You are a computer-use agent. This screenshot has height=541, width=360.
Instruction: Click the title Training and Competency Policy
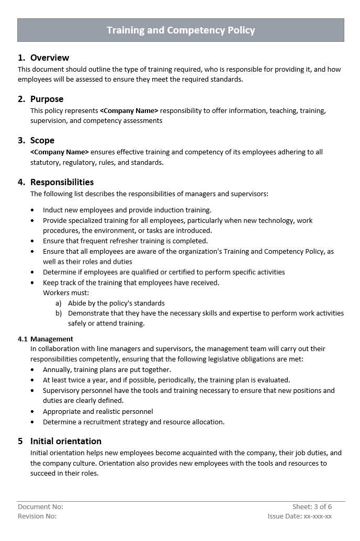click(x=181, y=30)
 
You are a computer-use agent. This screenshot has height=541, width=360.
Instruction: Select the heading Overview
click(x=49, y=58)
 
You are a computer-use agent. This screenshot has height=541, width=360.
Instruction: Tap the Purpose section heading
click(x=47, y=99)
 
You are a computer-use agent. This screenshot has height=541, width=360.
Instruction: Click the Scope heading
click(x=42, y=140)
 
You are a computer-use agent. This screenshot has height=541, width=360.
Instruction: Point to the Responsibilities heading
click(x=62, y=182)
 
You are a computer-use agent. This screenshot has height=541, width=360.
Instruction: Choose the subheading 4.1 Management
click(x=46, y=339)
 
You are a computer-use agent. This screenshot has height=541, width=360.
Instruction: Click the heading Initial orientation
click(x=65, y=441)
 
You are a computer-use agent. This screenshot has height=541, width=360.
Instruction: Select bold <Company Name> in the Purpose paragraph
click(x=129, y=111)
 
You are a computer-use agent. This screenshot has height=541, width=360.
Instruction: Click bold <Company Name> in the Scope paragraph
click(x=60, y=152)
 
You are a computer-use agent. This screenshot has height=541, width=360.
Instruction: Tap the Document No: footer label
click(x=40, y=506)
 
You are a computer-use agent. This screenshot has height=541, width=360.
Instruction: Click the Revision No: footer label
click(x=37, y=516)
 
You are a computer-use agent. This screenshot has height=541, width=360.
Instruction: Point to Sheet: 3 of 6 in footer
click(x=312, y=506)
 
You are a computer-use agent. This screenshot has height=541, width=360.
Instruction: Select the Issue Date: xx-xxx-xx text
click(x=299, y=516)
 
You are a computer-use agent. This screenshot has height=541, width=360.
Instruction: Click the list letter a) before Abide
click(x=58, y=303)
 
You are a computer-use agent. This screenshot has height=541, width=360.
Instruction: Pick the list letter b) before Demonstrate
click(x=58, y=313)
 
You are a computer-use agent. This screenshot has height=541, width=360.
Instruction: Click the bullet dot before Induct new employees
click(x=32, y=210)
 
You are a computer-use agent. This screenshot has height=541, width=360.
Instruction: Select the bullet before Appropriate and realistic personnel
click(x=32, y=412)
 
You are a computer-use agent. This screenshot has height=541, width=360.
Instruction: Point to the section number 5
click(x=20, y=441)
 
